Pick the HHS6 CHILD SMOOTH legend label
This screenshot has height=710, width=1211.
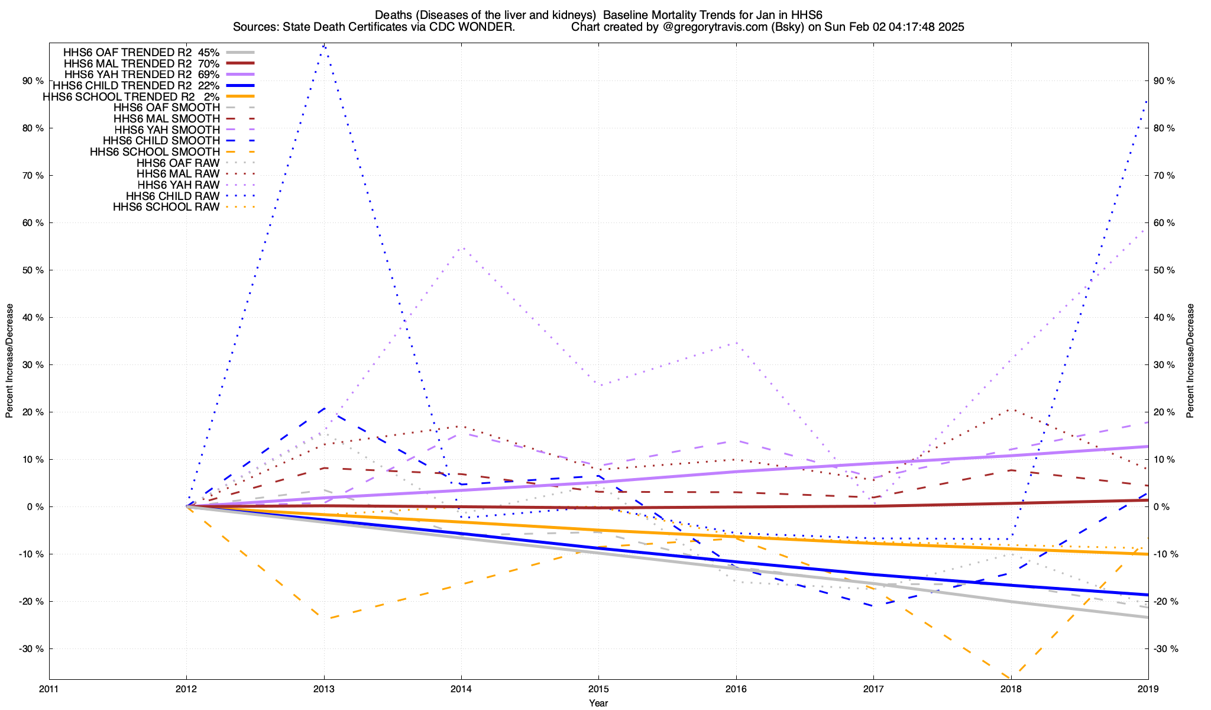[161, 141]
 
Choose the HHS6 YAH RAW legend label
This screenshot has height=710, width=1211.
[178, 185]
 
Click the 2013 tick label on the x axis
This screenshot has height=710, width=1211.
[323, 689]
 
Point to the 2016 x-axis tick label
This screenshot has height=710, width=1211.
[736, 689]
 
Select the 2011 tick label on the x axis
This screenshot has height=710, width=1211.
[49, 689]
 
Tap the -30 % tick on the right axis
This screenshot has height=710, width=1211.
[1165, 649]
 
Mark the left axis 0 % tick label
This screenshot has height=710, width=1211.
[35, 507]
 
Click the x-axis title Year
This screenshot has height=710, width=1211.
[598, 703]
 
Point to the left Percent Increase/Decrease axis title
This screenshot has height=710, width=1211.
[9, 361]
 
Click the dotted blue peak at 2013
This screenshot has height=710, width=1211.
[323, 46]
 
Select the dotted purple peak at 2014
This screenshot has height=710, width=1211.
[463, 247]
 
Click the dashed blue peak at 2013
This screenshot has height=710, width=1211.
[324, 408]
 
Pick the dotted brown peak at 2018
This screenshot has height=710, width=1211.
[1011, 409]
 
